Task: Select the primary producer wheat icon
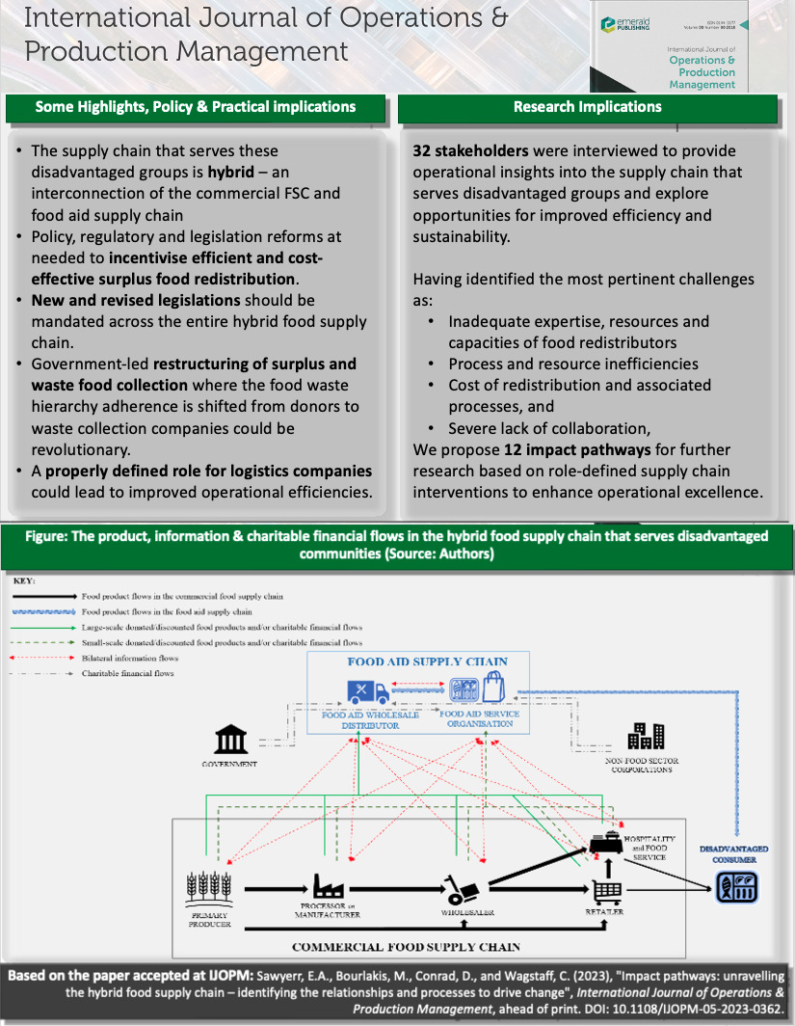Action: pyautogui.click(x=207, y=887)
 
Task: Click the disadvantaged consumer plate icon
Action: pyautogui.click(x=737, y=886)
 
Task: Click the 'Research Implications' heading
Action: pyautogui.click(x=588, y=107)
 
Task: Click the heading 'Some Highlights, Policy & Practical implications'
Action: pyautogui.click(x=196, y=107)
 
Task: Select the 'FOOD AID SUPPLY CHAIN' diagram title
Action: pyautogui.click(x=427, y=661)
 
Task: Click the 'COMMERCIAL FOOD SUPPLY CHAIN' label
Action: pyautogui.click(x=406, y=946)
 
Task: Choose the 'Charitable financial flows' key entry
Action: pyautogui.click(x=126, y=673)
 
